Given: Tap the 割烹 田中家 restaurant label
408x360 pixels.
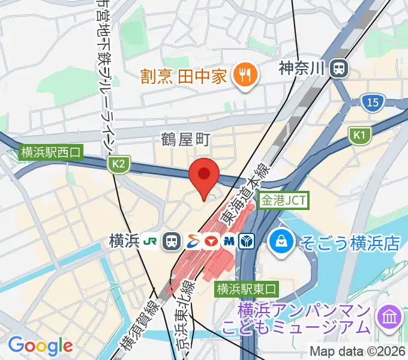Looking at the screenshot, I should pos(184,76).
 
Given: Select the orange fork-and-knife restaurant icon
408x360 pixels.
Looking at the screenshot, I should pos(245,76).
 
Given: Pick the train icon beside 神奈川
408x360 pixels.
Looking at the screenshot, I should pos(340,68).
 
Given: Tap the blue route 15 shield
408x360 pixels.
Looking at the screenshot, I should pos(373,103).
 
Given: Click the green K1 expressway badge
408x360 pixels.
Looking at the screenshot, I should pos(359,137).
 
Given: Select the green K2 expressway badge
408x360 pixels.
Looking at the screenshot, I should pos(119,163).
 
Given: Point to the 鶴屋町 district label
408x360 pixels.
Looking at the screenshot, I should pos(185,140).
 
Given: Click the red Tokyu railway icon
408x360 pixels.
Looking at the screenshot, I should pos(210,241).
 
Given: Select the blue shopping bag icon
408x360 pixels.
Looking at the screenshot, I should pos(280,242).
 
